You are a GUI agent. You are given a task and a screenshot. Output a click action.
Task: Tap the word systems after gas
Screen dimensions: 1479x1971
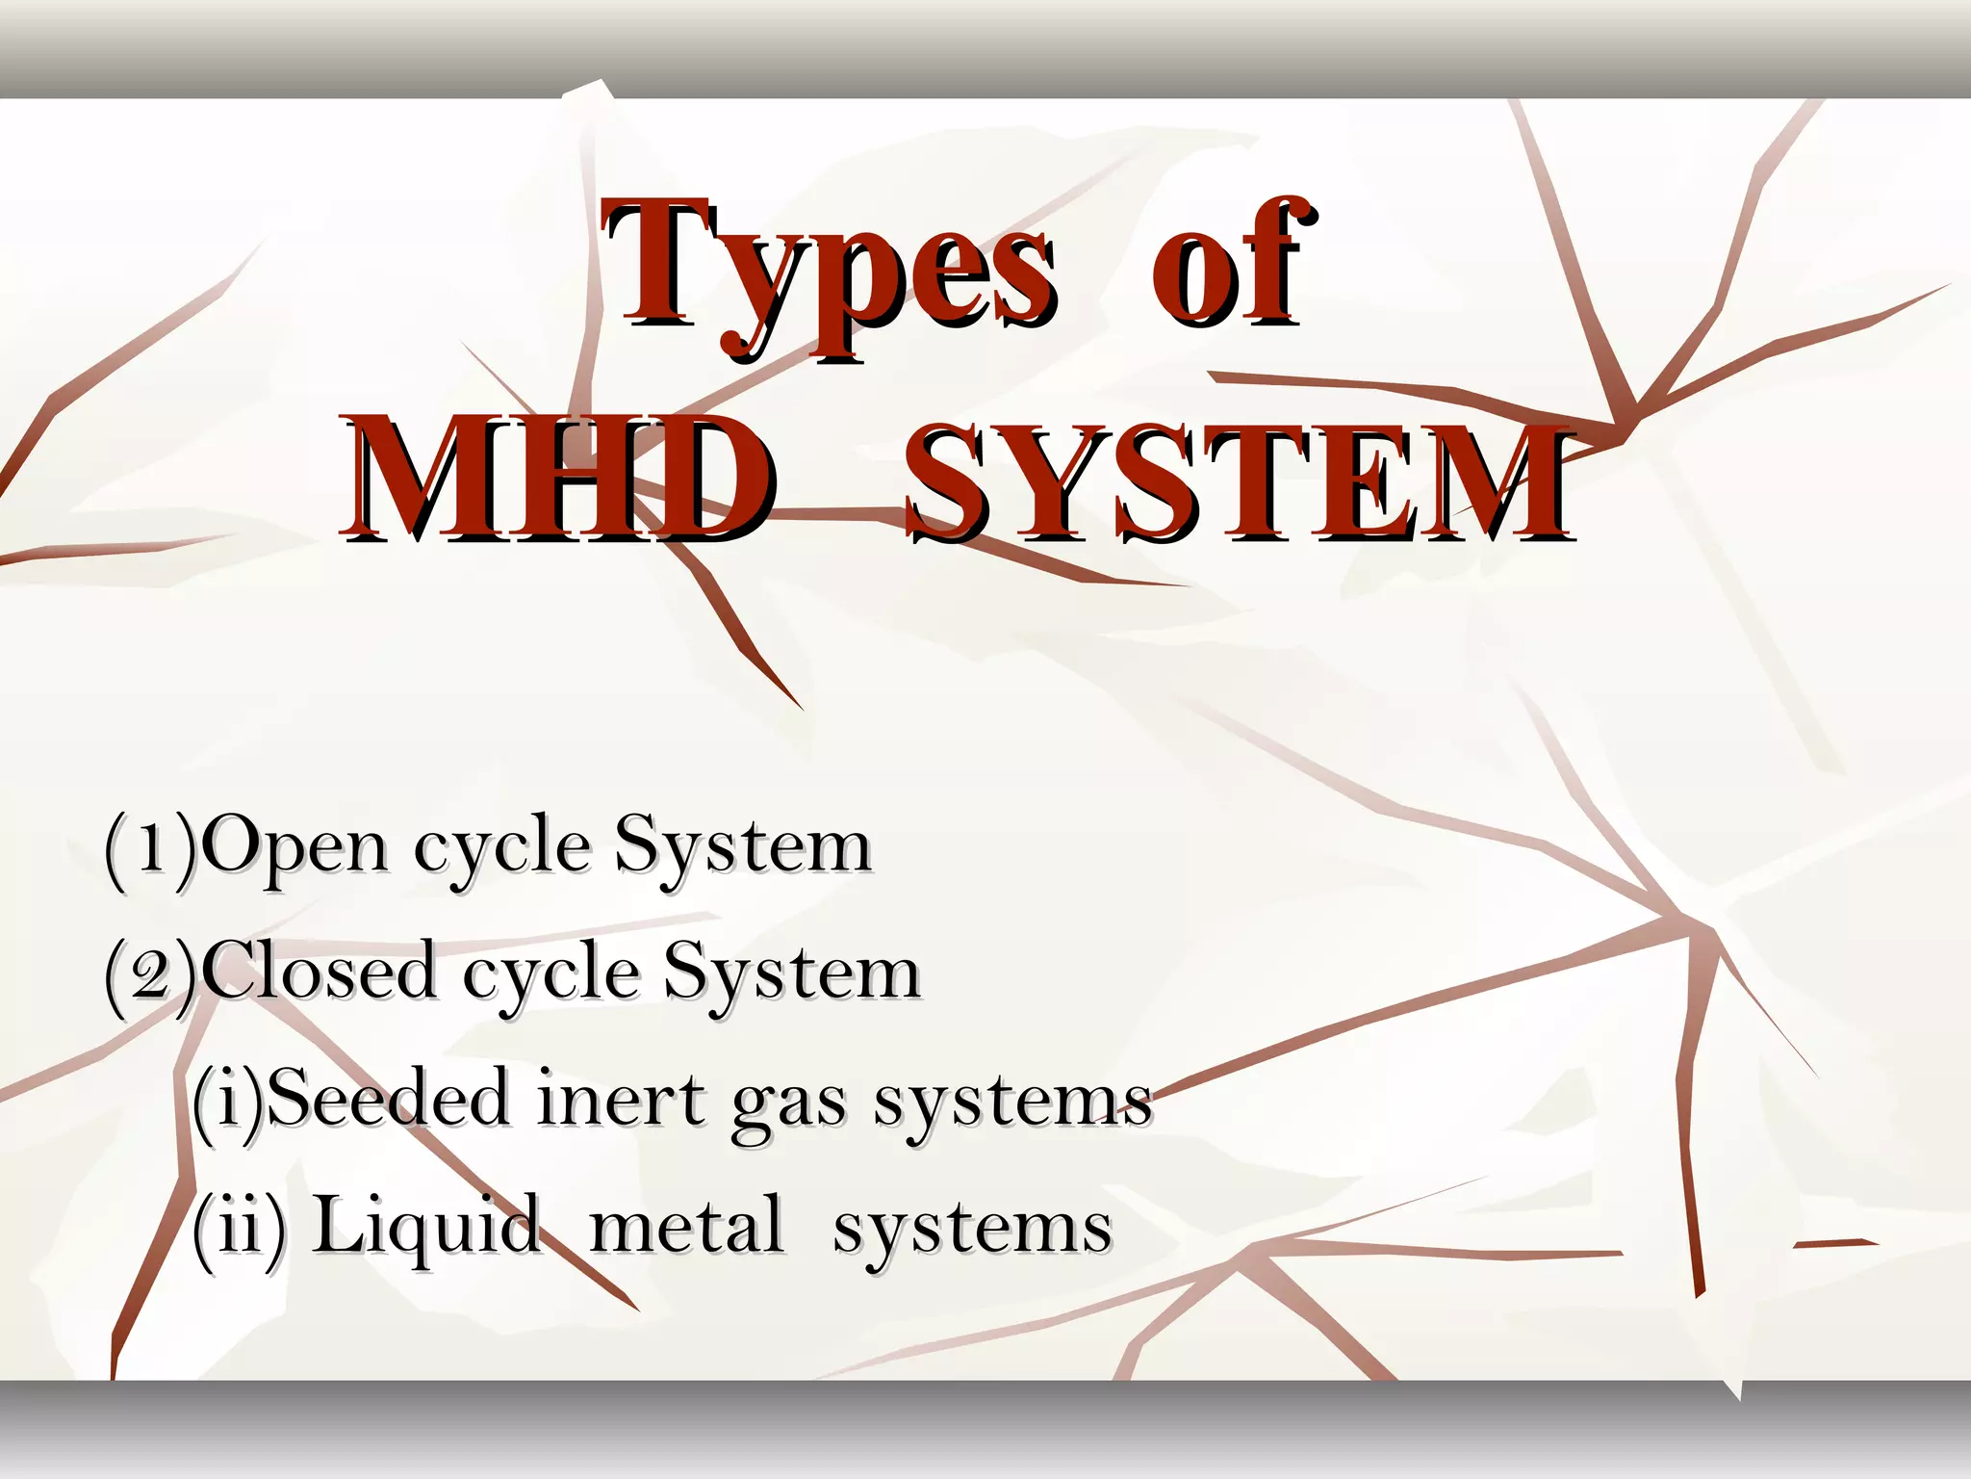click(1012, 1103)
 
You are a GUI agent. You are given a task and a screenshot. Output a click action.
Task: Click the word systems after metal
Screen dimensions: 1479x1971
click(972, 1232)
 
